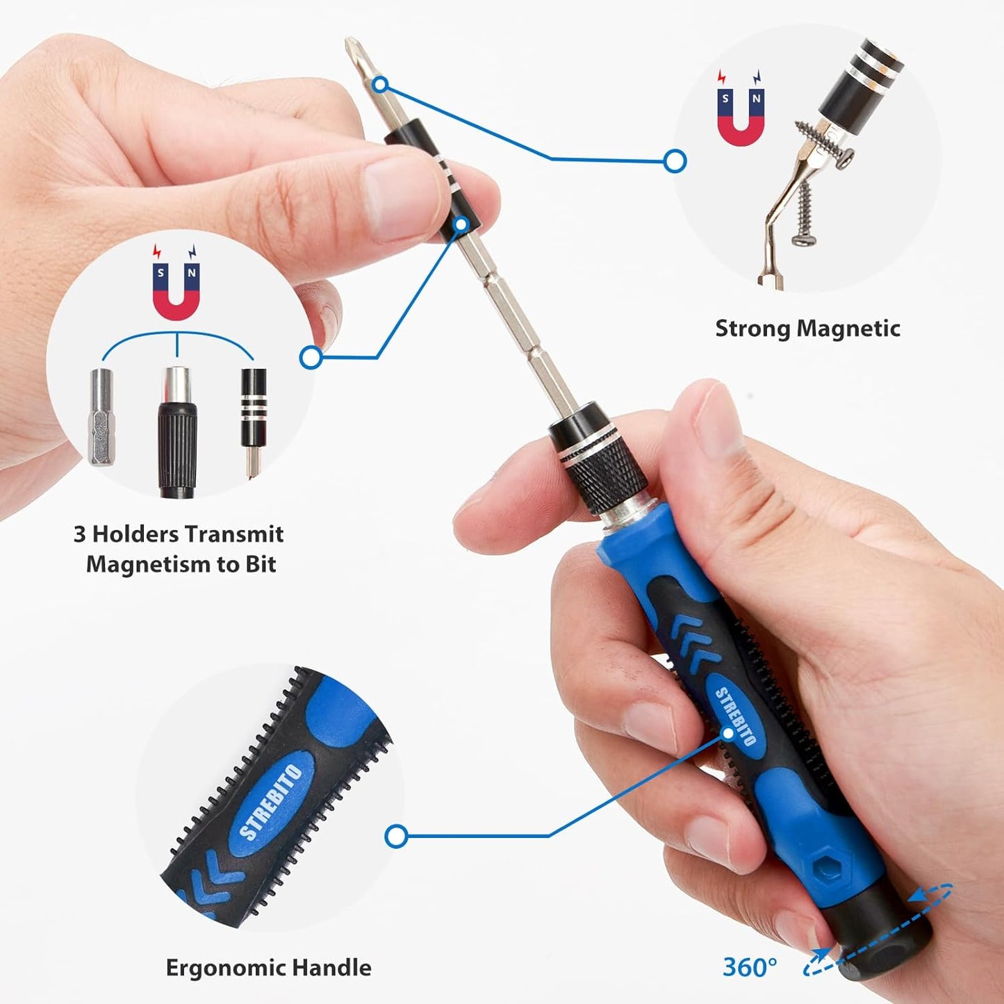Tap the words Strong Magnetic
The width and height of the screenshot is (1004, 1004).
coord(807,329)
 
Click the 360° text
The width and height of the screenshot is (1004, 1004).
coord(750,966)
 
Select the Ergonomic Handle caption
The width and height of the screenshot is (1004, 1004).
coord(268,968)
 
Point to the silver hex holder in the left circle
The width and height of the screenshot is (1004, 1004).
coord(101,417)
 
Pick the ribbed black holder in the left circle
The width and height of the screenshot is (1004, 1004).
coord(177,434)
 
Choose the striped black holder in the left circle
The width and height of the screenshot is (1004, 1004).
coord(253,417)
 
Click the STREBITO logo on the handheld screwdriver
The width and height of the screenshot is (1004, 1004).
coord(736,716)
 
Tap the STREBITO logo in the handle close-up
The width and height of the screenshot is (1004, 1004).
coord(271,802)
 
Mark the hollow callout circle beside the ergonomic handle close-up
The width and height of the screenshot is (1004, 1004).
coord(396,836)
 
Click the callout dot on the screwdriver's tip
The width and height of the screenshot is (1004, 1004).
coord(379,85)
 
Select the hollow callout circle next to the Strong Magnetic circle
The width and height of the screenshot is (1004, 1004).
coord(675,161)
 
